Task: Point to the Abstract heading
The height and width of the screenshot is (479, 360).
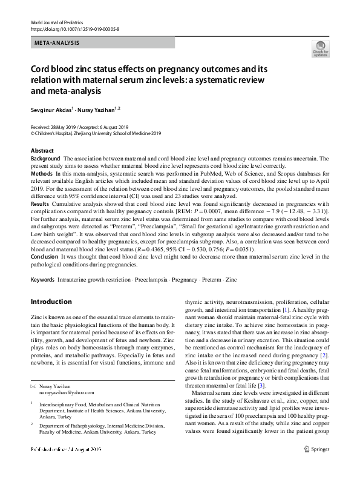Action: (41, 150)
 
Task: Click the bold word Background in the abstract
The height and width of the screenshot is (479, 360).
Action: (45, 157)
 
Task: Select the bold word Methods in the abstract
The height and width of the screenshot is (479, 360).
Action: (42, 173)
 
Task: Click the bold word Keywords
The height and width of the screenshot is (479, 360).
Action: (42, 279)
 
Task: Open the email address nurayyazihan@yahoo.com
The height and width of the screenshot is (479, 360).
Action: (68, 393)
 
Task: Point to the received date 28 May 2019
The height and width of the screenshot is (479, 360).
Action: (64, 126)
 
